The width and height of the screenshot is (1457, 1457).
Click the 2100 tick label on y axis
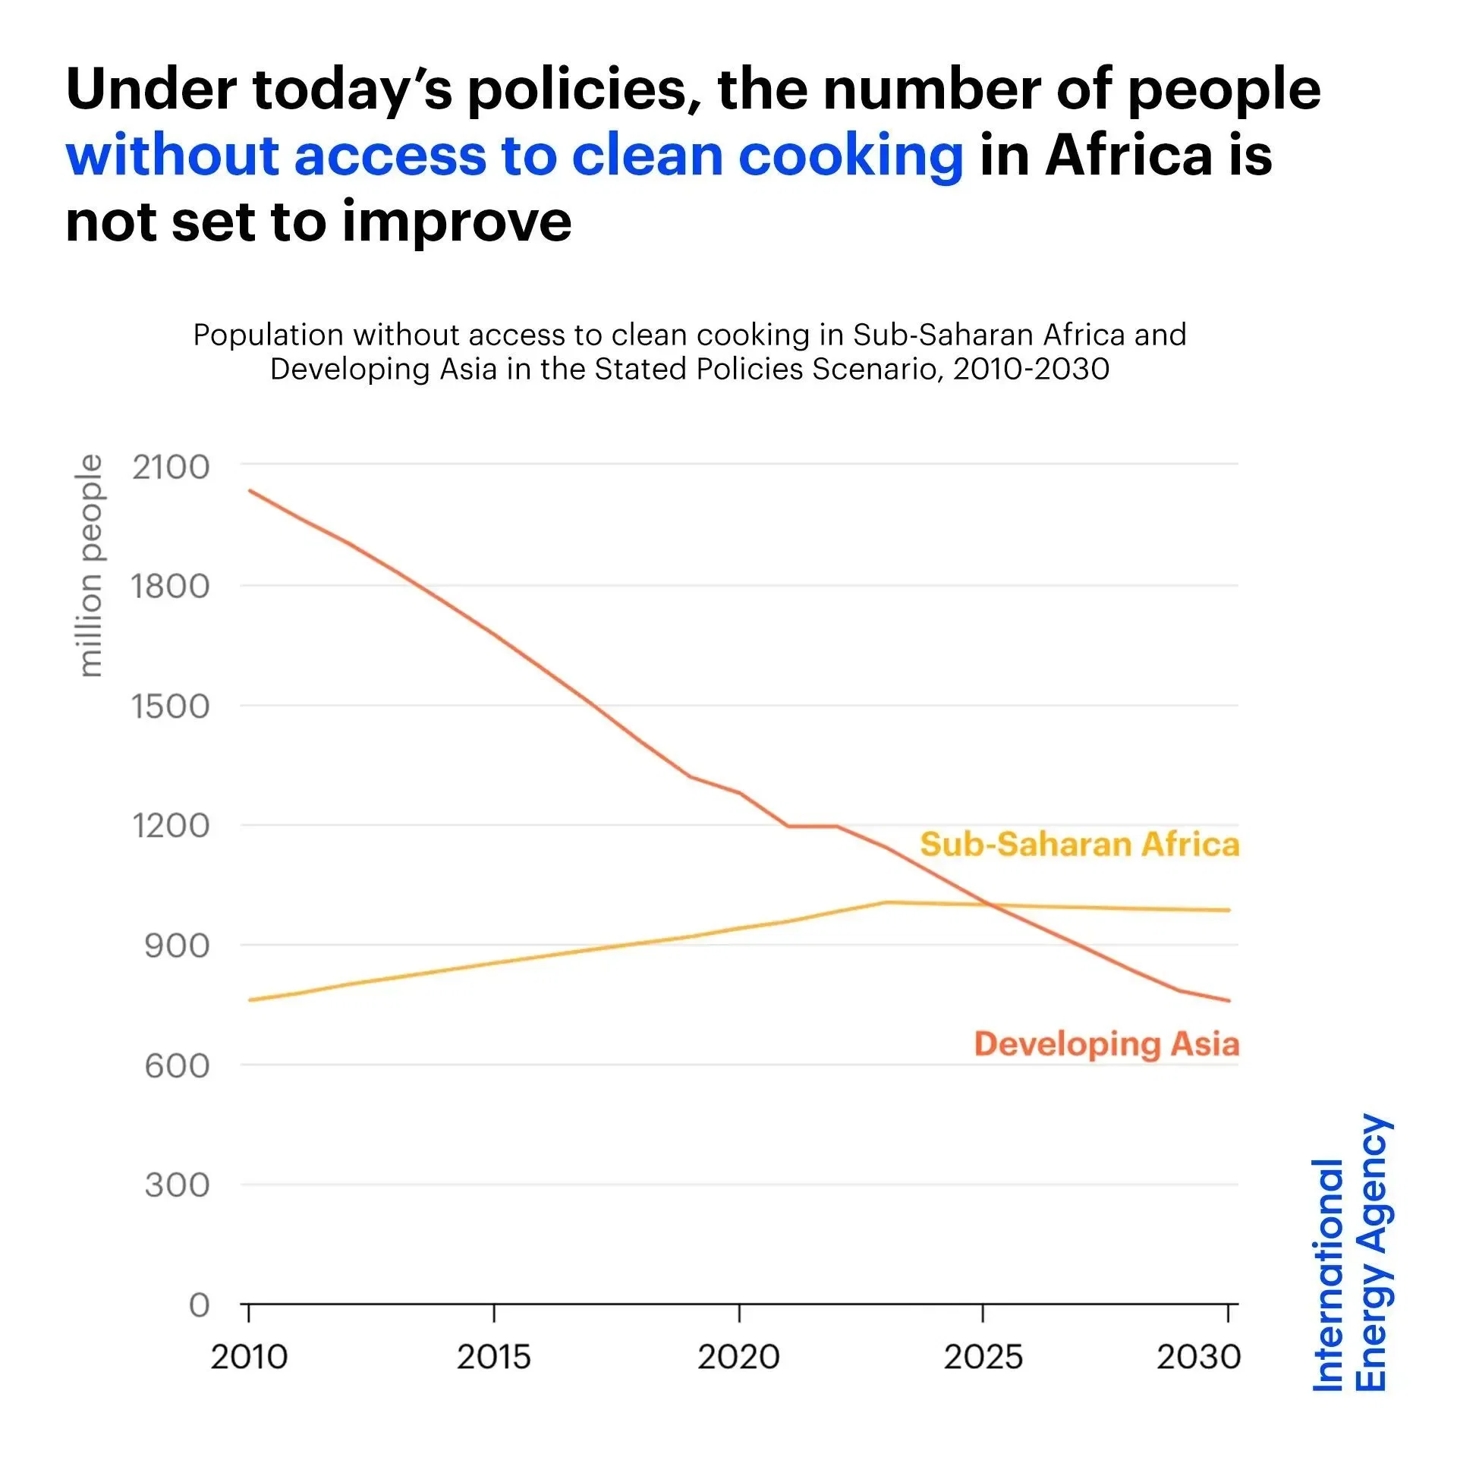pos(171,467)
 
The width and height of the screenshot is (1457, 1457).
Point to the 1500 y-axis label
pos(171,706)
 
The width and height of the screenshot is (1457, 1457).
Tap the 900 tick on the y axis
pos(177,946)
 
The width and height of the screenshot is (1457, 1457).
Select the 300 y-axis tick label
pos(177,1185)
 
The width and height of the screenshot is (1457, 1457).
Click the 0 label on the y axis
pos(199,1305)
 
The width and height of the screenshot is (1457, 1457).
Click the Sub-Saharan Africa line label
pos(1079,845)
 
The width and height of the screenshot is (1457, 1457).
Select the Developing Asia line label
pos(1106,1044)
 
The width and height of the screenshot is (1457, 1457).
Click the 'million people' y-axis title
pos(90,565)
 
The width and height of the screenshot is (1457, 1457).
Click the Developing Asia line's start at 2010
pos(250,490)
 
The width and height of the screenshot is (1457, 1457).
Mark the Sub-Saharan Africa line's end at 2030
pos(1229,910)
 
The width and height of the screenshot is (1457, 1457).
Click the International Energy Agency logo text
pos(1351,1252)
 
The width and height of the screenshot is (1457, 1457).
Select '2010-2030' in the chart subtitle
pos(1031,370)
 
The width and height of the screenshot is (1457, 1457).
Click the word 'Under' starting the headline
pos(151,90)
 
